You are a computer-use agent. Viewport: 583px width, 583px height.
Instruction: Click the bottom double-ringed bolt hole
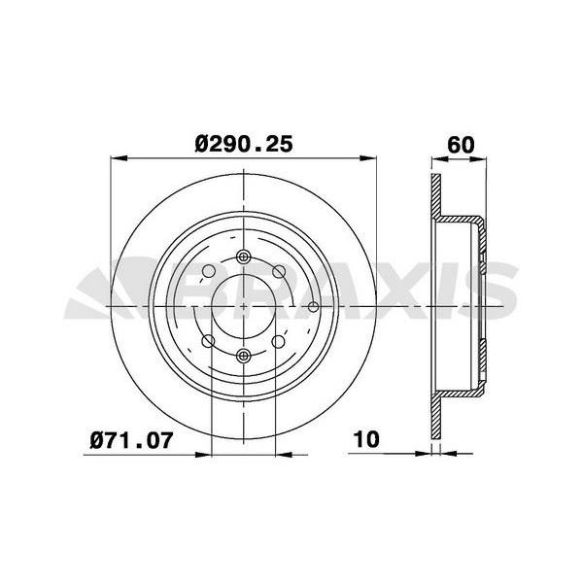point(243,356)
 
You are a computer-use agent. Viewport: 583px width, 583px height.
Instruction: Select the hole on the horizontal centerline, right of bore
point(313,307)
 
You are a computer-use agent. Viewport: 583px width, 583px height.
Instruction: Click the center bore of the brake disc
point(243,307)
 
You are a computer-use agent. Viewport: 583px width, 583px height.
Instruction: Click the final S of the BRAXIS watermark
point(492,291)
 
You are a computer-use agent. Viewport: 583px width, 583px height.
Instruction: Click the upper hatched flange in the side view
point(436,199)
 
